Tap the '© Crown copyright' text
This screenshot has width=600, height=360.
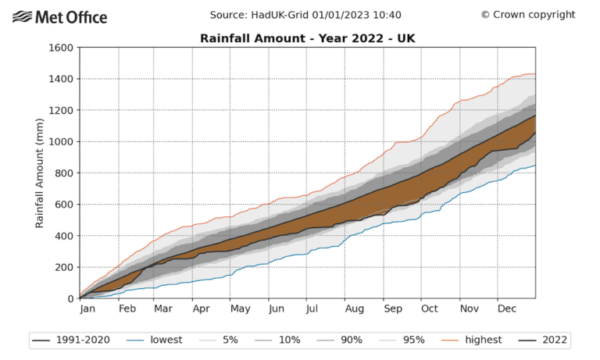click(527, 15)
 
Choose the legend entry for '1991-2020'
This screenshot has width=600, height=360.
click(70, 340)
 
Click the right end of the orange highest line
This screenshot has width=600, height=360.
click(535, 74)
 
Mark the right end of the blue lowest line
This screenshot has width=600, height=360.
click(535, 165)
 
